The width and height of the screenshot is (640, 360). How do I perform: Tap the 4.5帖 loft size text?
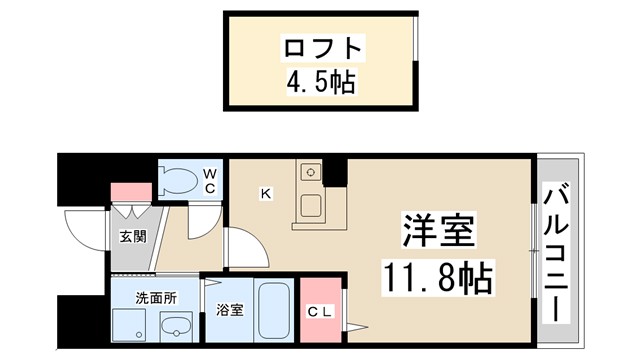point(319,81)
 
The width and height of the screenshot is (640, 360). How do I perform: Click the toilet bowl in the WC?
point(181,181)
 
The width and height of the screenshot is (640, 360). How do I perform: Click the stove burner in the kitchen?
point(311,173)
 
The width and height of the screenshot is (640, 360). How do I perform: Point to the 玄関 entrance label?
point(134,237)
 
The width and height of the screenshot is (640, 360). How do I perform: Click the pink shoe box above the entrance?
point(129,190)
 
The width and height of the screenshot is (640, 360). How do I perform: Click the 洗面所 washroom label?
point(155,297)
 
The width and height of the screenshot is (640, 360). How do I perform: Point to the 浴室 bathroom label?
point(229,311)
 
